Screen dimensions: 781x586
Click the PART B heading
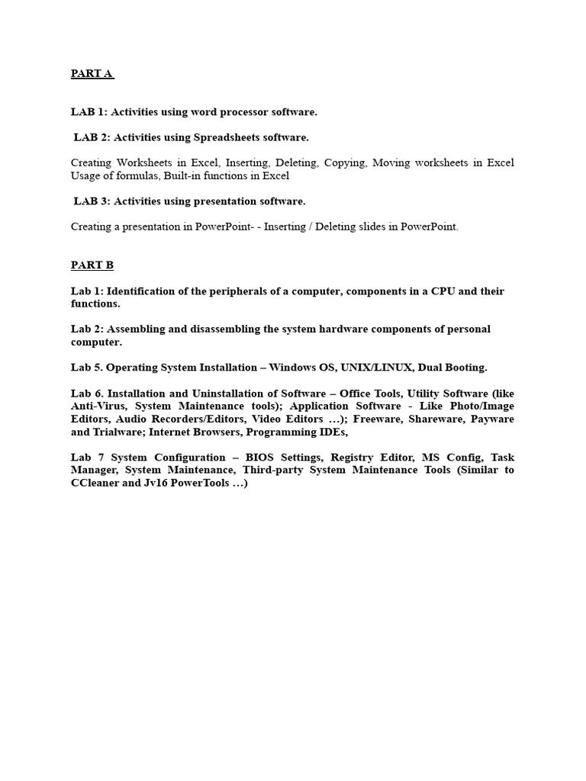coord(92,265)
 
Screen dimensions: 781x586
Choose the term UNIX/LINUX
coord(365,368)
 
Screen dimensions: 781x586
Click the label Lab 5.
coord(86,368)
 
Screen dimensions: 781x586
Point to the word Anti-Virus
coord(98,406)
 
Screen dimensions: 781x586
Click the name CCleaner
coord(98,483)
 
